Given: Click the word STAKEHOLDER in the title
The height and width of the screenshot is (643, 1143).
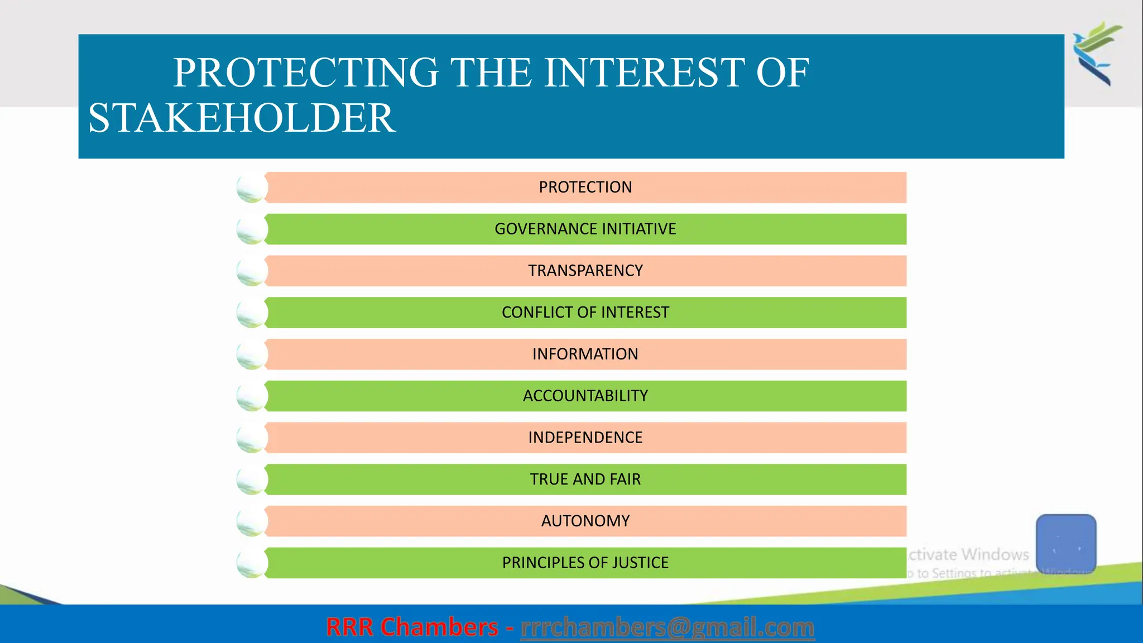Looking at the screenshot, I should pos(242,118).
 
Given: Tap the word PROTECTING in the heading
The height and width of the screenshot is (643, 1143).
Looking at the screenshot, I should pos(306,73).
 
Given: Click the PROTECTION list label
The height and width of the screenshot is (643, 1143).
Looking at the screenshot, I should pos(585,187).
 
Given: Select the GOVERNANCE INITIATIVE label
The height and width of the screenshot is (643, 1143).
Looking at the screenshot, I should pos(585,229).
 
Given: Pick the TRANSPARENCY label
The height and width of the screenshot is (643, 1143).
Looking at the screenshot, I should pos(585,271).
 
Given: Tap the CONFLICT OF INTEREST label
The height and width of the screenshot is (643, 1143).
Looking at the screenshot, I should pos(585,313).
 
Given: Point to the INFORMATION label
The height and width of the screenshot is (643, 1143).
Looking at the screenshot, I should pos(585,354).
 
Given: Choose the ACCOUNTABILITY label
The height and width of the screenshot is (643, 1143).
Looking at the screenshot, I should pos(585,396).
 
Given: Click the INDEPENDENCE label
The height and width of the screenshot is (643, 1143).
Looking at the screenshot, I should pos(585,438).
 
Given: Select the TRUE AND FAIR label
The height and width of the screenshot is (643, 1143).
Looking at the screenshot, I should pos(585,479).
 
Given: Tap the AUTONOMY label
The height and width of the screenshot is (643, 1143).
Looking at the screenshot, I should pos(585,521).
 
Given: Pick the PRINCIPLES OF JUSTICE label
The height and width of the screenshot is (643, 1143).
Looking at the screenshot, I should pos(585,563).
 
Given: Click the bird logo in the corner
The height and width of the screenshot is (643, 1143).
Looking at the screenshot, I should pos(1096,53).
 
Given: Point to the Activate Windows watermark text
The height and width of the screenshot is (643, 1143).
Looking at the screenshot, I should pos(968,555).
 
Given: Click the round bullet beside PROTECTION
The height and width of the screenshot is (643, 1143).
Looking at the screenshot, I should pos(252,188).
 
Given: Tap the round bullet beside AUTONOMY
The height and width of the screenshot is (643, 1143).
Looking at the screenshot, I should pos(252,522).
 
